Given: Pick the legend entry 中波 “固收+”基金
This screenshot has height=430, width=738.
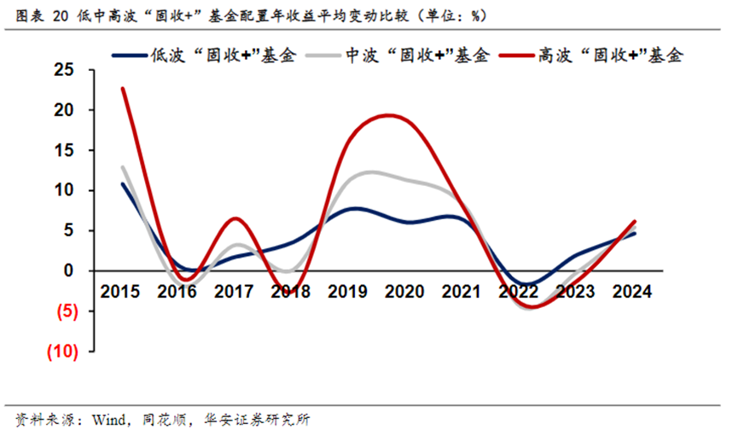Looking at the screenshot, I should click(417, 55).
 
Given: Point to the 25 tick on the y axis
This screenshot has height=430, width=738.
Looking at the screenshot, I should click(62, 70).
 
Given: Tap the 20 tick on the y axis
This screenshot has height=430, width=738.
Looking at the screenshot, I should click(62, 110).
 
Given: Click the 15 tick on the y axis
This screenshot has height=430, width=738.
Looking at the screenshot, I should click(62, 150).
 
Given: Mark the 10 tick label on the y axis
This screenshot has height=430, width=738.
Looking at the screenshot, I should click(62, 190).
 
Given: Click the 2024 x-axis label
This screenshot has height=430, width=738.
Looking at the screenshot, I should click(632, 292).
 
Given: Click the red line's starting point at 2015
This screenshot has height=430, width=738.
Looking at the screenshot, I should click(123, 88).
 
